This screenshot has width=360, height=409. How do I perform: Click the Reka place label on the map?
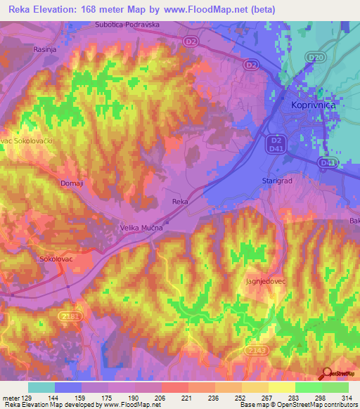(180, 202)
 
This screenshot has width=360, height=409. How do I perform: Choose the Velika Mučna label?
(140, 228)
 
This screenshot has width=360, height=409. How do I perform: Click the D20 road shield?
(314, 58)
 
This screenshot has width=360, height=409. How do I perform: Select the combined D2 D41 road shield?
(276, 145)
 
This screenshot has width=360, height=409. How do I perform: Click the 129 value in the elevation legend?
(29, 398)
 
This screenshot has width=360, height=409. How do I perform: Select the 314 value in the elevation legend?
(347, 398)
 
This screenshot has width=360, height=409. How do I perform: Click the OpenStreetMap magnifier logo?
(326, 374)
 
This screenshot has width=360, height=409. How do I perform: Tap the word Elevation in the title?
(61, 9)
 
